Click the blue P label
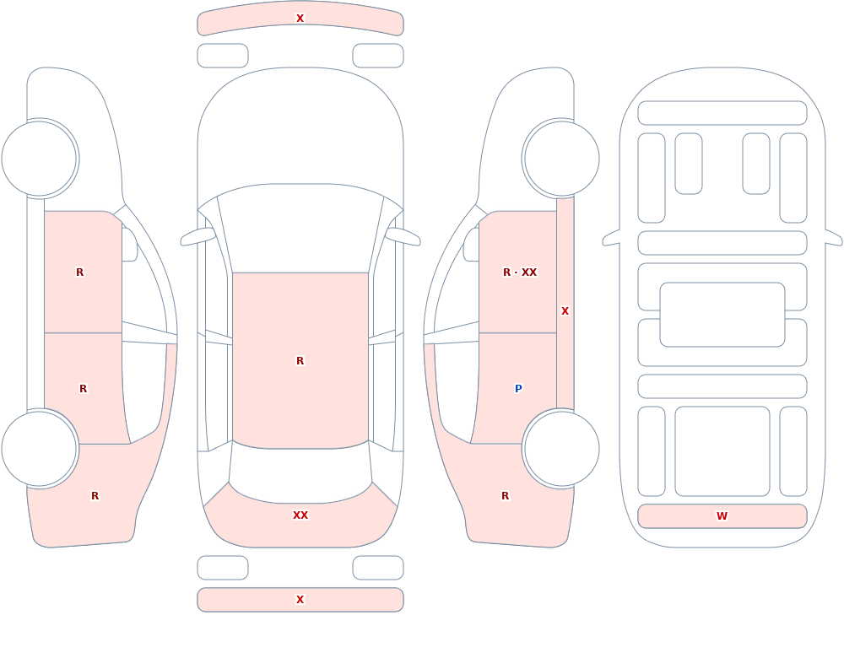pos(518,389)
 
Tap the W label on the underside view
pos(722,516)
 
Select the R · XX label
pos(520,272)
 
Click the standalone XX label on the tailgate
pos(300,515)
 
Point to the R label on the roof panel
pos(300,360)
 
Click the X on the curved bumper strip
pos(300,19)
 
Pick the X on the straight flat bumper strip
pos(300,600)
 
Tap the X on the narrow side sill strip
pos(565,311)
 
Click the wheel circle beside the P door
pos(561,448)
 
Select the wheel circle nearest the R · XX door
pos(561,159)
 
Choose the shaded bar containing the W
pos(722,516)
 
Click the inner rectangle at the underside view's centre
pos(722,315)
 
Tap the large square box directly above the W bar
pos(722,451)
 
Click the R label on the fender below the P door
pos(505,496)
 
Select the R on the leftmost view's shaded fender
pos(95,496)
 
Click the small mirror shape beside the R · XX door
pos(472,245)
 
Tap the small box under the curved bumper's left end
pos(223,56)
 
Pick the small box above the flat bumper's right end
pos(378,567)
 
